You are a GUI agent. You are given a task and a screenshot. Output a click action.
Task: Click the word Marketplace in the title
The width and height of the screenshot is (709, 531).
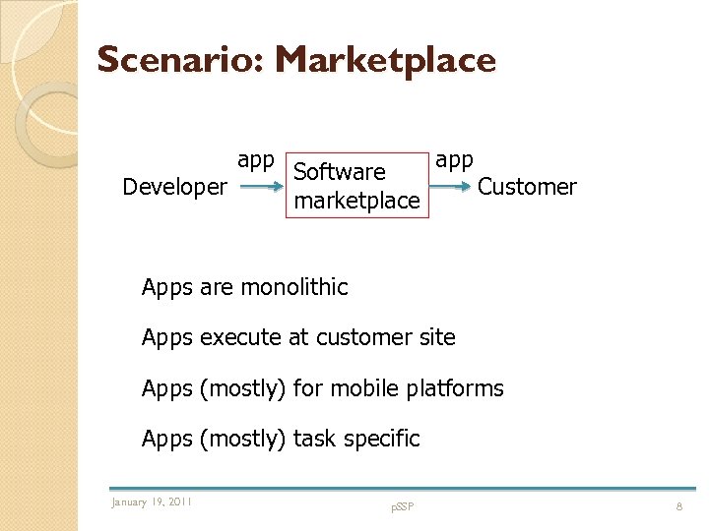pyautogui.click(x=385, y=61)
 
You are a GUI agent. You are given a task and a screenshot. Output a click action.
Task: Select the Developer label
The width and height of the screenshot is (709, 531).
pyautogui.click(x=174, y=187)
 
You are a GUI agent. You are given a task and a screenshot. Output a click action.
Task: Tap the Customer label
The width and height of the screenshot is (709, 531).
pyautogui.click(x=527, y=187)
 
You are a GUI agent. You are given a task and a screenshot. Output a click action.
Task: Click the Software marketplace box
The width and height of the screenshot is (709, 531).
pyautogui.click(x=356, y=186)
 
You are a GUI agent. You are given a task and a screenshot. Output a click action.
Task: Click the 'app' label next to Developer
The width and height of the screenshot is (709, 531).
pyautogui.click(x=255, y=160)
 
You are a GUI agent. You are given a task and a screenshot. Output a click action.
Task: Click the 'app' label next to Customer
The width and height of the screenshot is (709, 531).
pyautogui.click(x=454, y=160)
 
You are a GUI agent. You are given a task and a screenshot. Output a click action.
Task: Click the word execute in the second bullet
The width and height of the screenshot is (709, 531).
pyautogui.click(x=240, y=337)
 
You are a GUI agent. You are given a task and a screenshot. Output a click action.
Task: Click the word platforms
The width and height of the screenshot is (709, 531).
pyautogui.click(x=454, y=388)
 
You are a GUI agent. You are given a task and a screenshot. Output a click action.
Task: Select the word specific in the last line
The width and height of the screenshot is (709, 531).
pyautogui.click(x=380, y=439)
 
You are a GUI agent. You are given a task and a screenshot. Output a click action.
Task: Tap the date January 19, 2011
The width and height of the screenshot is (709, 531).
pyautogui.click(x=152, y=502)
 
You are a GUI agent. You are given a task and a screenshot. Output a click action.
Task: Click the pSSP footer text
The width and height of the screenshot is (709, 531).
pyautogui.click(x=402, y=506)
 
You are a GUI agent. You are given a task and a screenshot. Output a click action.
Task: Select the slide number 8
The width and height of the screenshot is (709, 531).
pyautogui.click(x=678, y=505)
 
